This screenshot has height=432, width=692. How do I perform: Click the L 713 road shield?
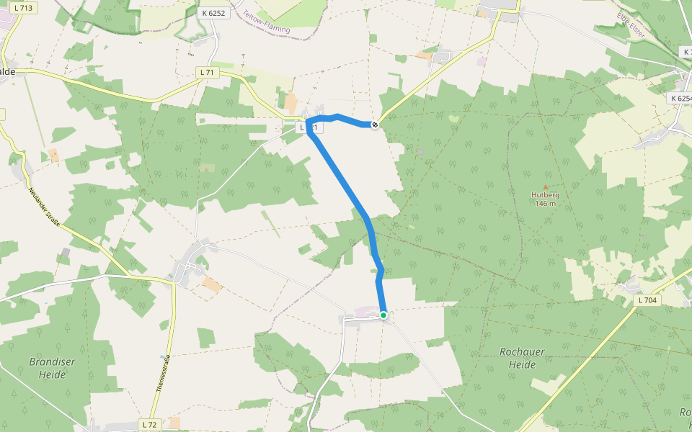point(24,8)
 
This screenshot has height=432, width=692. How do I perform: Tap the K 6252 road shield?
point(215,14)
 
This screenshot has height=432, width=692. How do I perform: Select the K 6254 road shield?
point(680,98)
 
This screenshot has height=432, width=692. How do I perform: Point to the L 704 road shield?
point(648,299)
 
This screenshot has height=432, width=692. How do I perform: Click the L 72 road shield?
point(149,424)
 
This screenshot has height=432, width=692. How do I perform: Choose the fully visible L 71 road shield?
point(208,72)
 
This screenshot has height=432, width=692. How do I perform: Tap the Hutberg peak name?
point(545,194)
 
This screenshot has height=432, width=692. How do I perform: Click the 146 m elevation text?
point(545,203)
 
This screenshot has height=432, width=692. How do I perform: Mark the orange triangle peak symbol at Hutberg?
point(545,186)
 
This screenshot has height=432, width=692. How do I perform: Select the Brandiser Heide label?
point(53,368)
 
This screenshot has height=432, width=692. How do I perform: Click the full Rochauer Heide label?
point(522,358)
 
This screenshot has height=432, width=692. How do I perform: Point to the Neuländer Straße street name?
point(44,210)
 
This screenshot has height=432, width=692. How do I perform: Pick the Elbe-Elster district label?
point(631,26)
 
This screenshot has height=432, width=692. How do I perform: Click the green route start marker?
point(383,315)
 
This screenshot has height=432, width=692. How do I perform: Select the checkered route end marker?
point(374,125)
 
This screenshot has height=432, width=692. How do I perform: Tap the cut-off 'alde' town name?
point(8,71)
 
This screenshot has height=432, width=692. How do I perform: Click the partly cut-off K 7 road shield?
point(686,53)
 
